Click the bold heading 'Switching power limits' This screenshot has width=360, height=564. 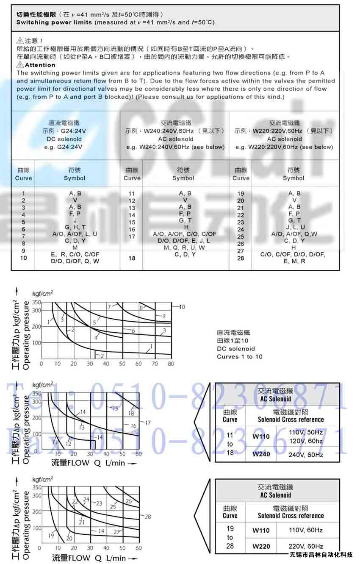pos(54,22)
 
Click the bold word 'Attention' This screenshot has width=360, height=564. pos(40,65)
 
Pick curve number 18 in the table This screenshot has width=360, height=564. pos(132,258)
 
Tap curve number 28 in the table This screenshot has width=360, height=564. pos(241,258)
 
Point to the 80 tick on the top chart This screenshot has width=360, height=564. pos(171,364)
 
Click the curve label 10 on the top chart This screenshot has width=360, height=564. pos(182,307)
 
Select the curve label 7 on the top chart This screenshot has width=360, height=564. pos(109,306)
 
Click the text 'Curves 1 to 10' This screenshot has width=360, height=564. pos(239,357)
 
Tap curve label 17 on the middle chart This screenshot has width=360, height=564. pos(147,423)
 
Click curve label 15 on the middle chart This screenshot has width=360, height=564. pos(115,408)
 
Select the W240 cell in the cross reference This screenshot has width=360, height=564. pos(261,454)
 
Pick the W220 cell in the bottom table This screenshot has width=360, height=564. pos(261,546)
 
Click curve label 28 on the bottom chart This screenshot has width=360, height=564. pos(147,517)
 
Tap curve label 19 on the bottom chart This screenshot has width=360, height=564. pos(52,536)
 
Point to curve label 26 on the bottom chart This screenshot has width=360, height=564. pos(129,501)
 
